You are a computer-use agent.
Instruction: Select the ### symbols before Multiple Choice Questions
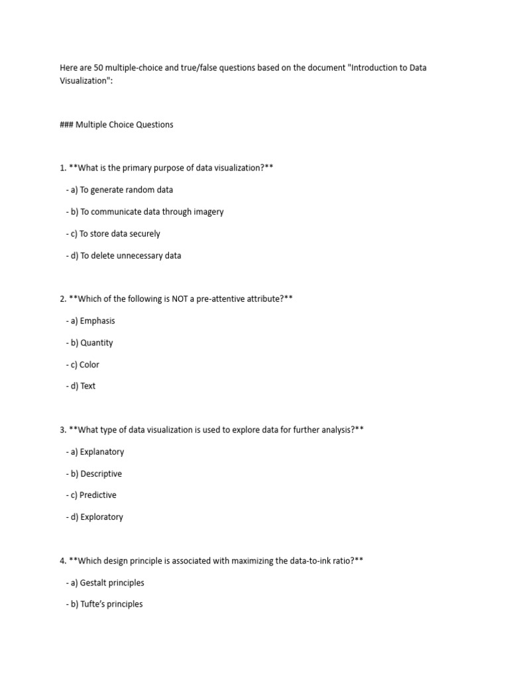[x=66, y=124]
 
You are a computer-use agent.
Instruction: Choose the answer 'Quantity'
[x=96, y=343]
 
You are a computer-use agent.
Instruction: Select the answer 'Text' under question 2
[x=87, y=386]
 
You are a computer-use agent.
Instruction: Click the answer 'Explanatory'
[x=101, y=452]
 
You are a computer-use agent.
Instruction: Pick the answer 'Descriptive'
[x=101, y=473]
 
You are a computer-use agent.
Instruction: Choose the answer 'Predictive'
[x=98, y=495]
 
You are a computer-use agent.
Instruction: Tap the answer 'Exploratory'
[x=101, y=517]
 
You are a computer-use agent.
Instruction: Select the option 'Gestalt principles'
[x=111, y=583]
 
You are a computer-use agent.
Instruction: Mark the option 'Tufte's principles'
[x=111, y=604]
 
